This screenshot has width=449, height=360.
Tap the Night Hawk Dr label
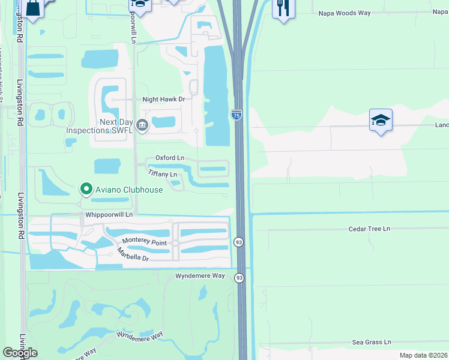[x=163, y=99]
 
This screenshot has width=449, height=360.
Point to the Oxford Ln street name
[x=170, y=158]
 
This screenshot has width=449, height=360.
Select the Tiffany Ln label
[x=163, y=174]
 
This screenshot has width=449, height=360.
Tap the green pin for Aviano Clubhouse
[x=86, y=190]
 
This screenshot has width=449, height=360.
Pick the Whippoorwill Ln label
[x=109, y=214]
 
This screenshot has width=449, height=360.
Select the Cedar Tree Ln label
[x=369, y=229]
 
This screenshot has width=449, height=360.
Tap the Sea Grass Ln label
[x=372, y=342]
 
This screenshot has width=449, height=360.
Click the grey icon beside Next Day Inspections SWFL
[x=142, y=125]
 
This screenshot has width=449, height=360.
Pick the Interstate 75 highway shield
[x=237, y=115]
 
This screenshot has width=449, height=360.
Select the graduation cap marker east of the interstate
[x=381, y=121]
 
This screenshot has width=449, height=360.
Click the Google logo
[x=20, y=353]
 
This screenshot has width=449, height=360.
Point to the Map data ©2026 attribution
[x=423, y=355]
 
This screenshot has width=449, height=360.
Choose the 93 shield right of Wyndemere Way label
[x=240, y=277]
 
